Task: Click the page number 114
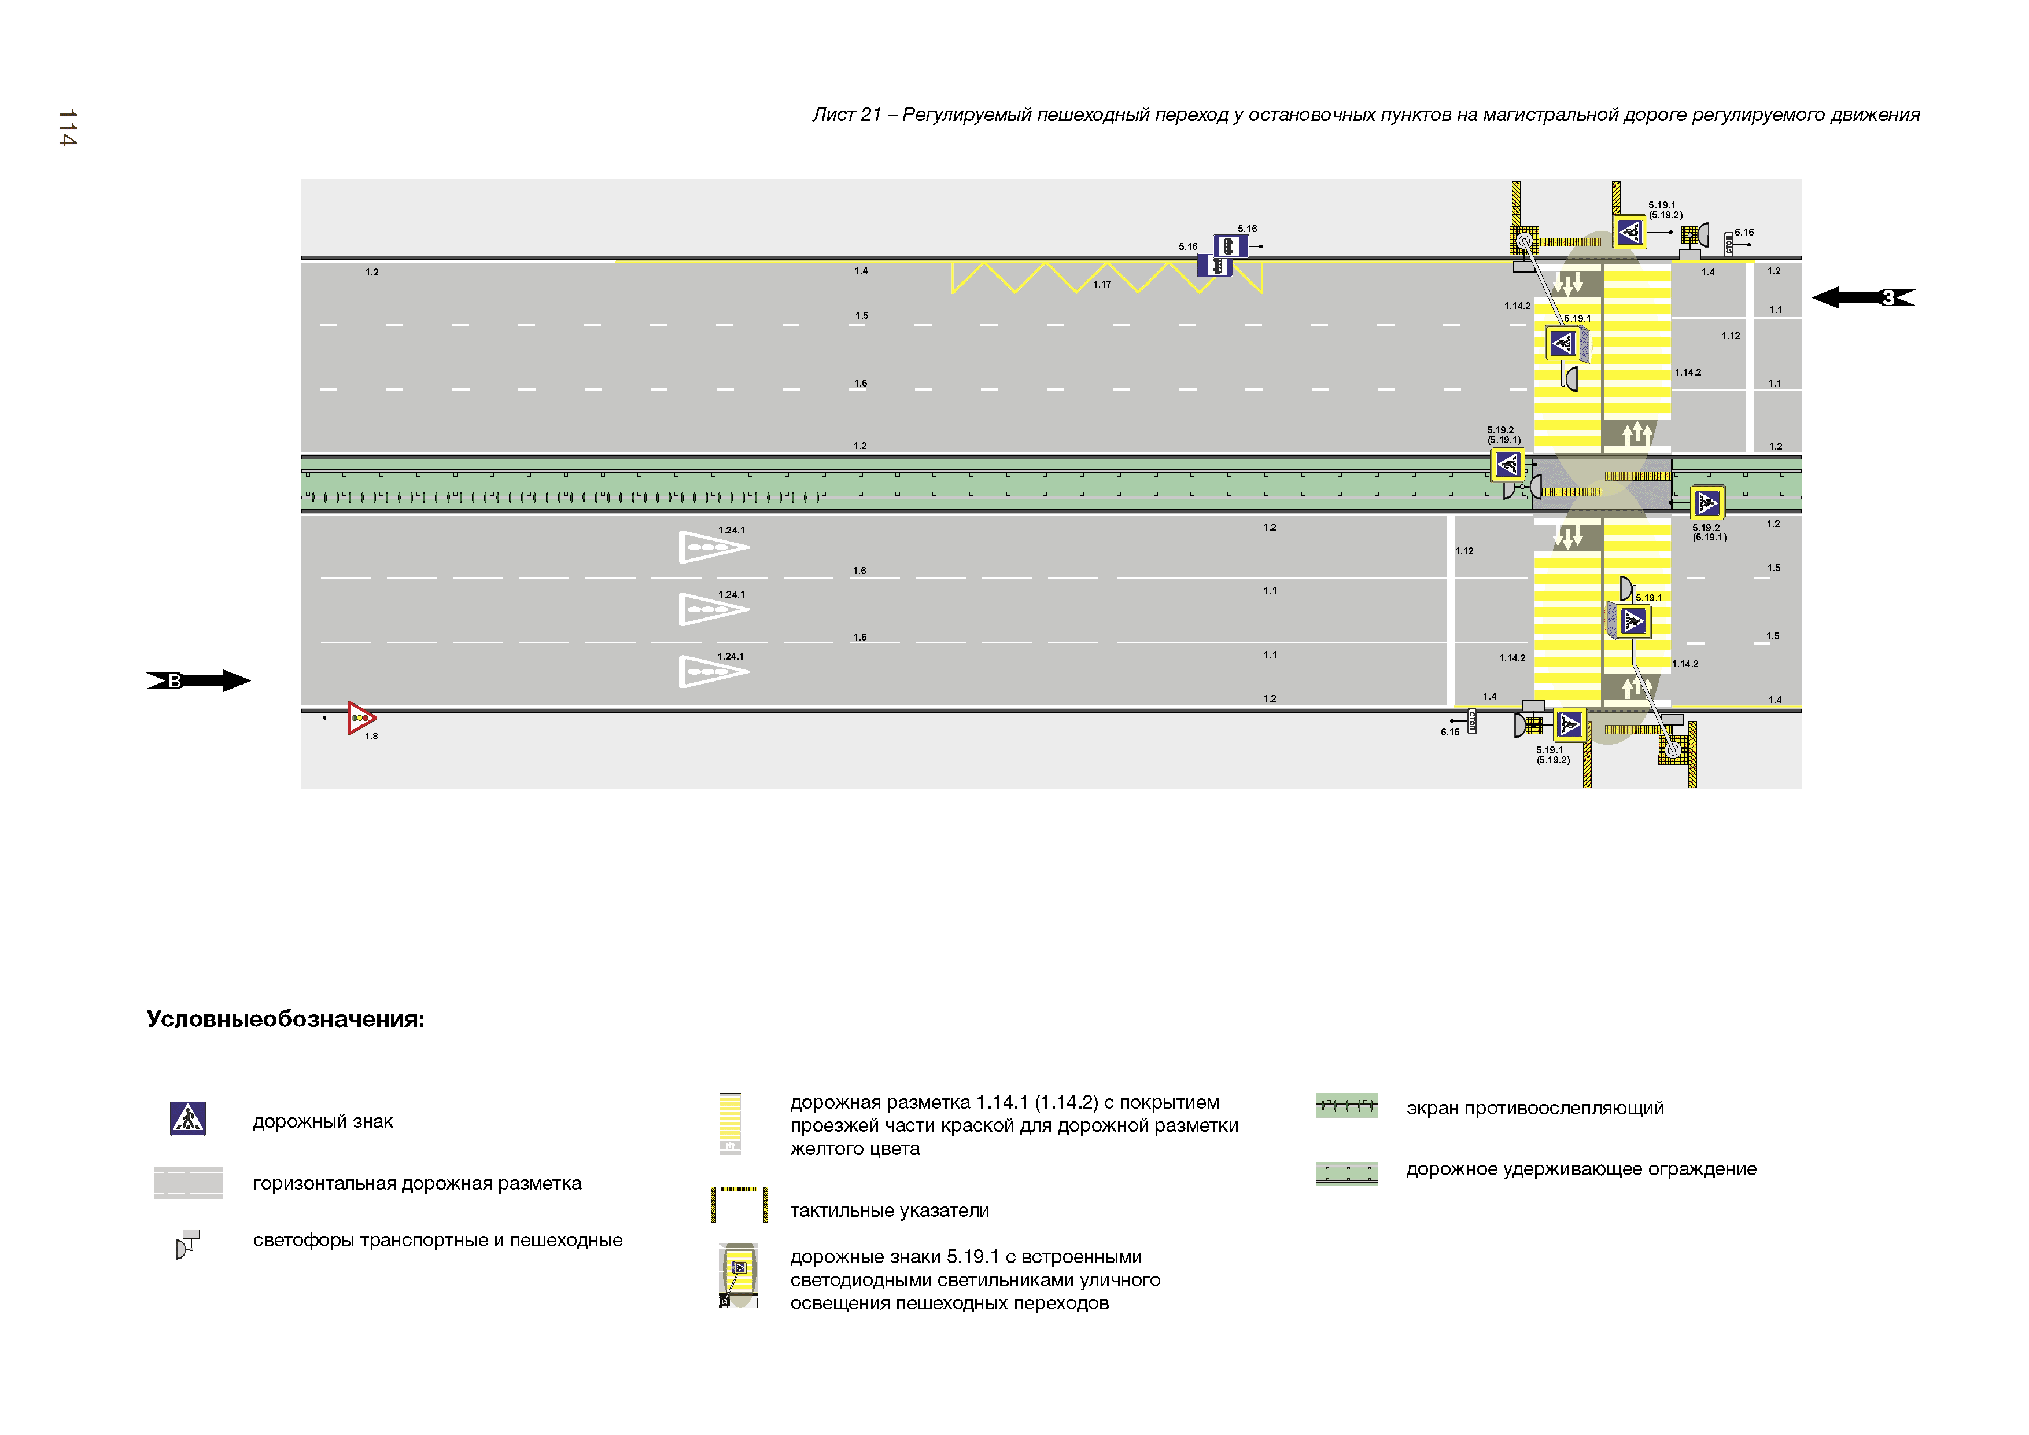[67, 128]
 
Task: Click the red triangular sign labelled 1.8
[360, 718]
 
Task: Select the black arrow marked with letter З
[1863, 298]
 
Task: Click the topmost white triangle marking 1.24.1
[712, 547]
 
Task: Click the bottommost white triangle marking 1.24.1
[712, 672]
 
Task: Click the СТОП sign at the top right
[1729, 244]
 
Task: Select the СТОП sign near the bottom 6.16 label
[1471, 722]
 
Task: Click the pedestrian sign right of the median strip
[1707, 503]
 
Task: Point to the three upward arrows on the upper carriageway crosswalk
[1637, 433]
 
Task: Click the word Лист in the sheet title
[833, 115]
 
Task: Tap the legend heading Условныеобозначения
[285, 1020]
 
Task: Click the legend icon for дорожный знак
[187, 1118]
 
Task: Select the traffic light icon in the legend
[187, 1242]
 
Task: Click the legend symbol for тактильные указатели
[739, 1204]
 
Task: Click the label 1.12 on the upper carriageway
[1731, 336]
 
